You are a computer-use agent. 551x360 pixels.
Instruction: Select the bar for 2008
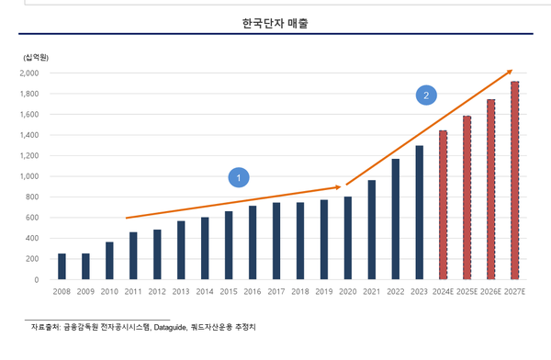pyautogui.click(x=62, y=266)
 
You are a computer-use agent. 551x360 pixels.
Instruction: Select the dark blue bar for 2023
pyautogui.click(x=420, y=212)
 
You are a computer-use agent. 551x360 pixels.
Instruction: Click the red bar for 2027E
pyautogui.click(x=515, y=181)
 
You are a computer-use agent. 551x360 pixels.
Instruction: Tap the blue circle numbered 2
pyautogui.click(x=424, y=94)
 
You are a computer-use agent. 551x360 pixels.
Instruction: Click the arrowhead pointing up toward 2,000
pyautogui.click(x=509, y=72)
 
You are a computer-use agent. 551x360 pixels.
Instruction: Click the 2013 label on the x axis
pyautogui.click(x=181, y=292)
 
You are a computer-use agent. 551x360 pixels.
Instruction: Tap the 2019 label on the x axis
pyautogui.click(x=324, y=292)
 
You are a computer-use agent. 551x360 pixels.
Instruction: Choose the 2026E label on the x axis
pyautogui.click(x=491, y=292)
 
